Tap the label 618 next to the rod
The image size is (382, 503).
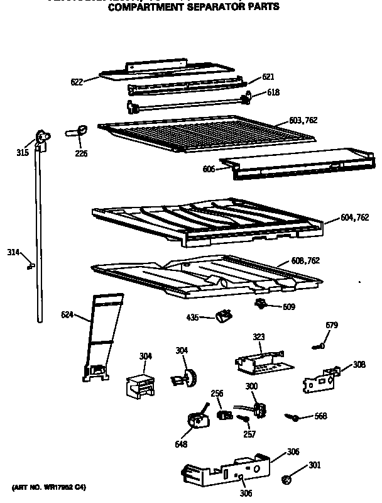(x=272, y=92)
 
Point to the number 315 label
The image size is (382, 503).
(x=23, y=152)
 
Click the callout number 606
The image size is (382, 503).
(x=209, y=169)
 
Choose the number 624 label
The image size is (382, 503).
(x=68, y=314)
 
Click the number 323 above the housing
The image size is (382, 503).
(x=258, y=338)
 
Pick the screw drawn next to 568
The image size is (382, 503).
(x=292, y=416)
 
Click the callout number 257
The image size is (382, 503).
(x=249, y=434)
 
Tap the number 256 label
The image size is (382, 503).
(x=217, y=394)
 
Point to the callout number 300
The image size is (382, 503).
(x=251, y=385)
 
